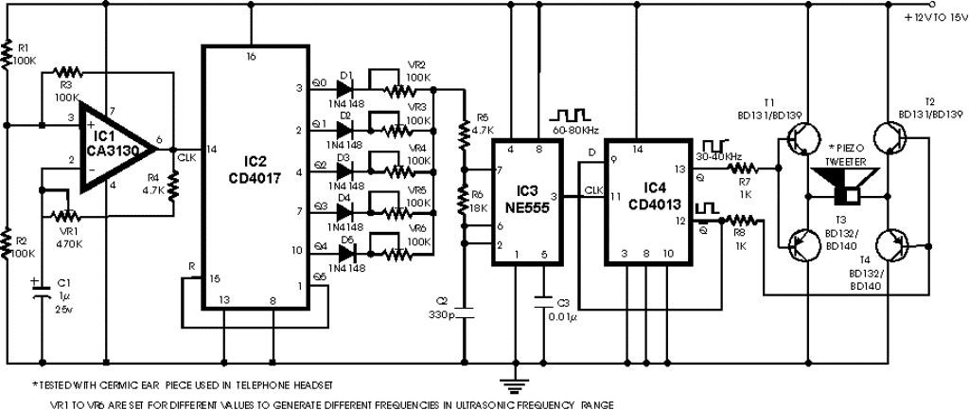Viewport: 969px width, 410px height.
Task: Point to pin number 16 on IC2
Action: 252,57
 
